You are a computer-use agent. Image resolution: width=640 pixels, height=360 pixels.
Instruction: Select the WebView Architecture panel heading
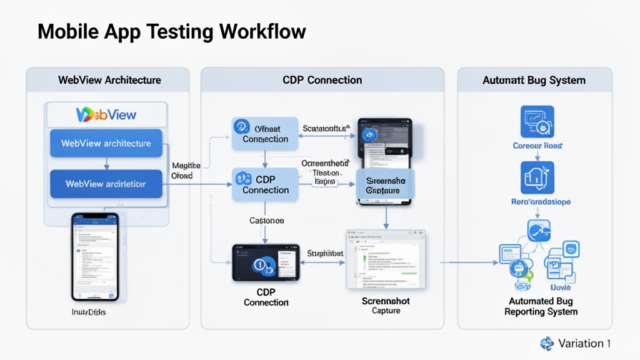coord(109,80)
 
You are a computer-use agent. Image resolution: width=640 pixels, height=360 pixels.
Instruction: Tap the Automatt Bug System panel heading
coord(534,80)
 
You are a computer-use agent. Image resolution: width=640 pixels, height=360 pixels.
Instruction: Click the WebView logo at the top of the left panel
coord(106,114)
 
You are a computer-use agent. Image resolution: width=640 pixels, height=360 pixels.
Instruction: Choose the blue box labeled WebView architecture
coord(106,143)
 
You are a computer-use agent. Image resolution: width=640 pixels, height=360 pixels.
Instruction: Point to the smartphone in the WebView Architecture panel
coord(94,256)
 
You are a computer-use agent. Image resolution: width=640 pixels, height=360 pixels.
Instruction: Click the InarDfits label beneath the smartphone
coord(89,311)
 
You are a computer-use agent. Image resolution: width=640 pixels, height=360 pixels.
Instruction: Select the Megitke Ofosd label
coord(186,171)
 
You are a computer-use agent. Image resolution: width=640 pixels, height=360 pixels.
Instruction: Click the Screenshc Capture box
coord(386,186)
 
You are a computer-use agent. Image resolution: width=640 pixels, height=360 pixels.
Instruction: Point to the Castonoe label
coord(267,221)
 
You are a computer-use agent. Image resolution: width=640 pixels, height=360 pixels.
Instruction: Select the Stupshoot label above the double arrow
coord(326,253)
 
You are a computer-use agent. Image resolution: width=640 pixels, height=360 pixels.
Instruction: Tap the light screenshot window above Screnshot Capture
coord(386,259)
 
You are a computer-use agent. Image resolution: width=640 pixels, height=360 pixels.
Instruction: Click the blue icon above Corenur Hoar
coord(537,122)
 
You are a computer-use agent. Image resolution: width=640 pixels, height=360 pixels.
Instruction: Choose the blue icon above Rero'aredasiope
coord(537,177)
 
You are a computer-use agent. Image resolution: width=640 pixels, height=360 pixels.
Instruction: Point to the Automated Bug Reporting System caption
coord(541,306)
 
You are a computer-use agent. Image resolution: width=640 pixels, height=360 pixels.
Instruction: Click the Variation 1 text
coord(584,343)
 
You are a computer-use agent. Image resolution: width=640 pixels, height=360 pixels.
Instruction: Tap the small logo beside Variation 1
coord(547,343)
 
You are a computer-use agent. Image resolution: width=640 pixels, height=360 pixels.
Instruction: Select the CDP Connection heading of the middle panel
coord(322,80)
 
